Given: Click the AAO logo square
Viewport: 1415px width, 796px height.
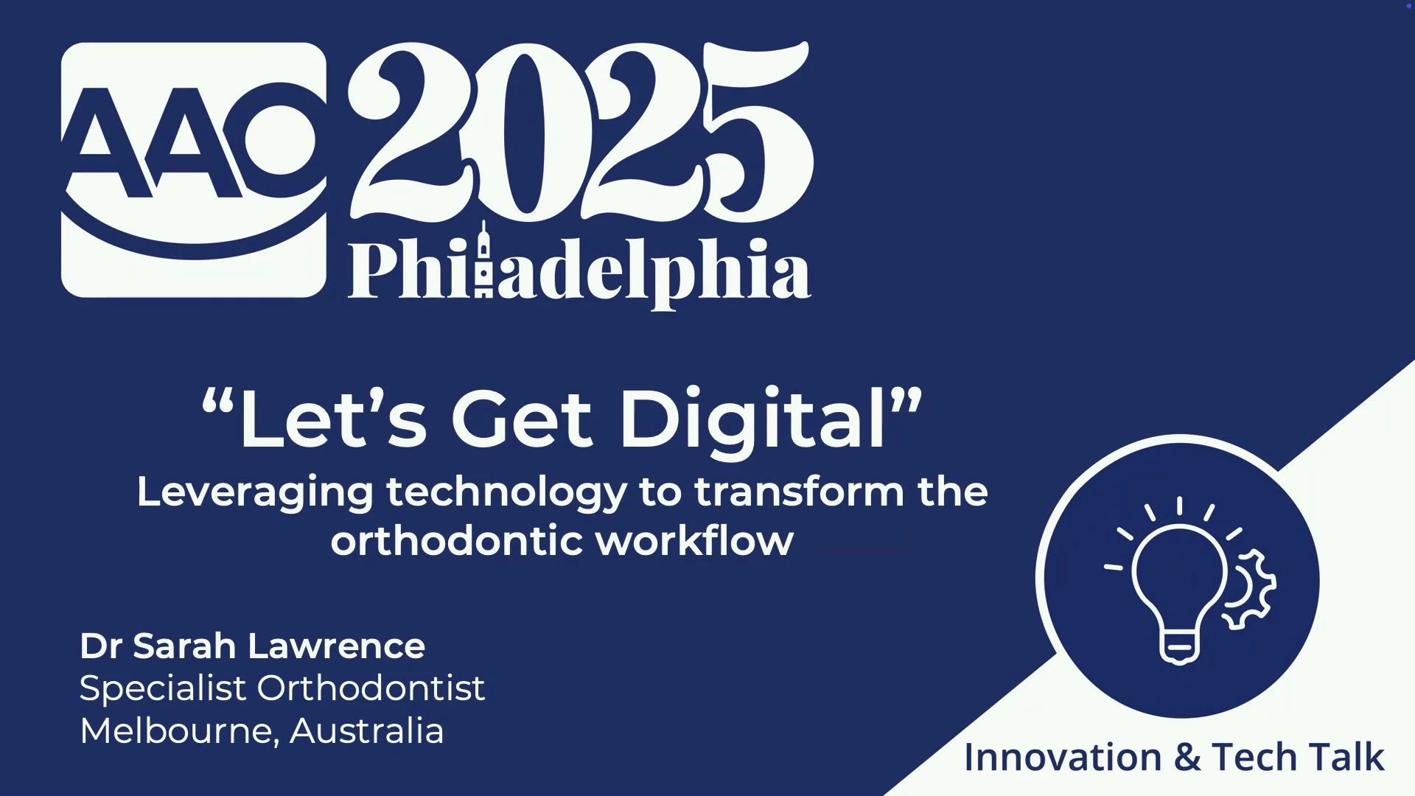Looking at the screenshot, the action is pyautogui.click(x=193, y=170).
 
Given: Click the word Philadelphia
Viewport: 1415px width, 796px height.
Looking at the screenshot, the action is pyautogui.click(x=579, y=269).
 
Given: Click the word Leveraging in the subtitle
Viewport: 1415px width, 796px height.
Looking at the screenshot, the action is pyautogui.click(x=255, y=493).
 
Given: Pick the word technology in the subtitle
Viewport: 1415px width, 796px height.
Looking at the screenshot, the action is pyautogui.click(x=506, y=493).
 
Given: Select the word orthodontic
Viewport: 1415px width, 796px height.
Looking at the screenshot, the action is pyautogui.click(x=457, y=540).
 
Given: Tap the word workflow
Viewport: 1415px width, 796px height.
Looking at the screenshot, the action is pyautogui.click(x=695, y=540).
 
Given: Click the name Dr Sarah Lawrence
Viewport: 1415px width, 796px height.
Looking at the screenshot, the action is pyautogui.click(x=252, y=646).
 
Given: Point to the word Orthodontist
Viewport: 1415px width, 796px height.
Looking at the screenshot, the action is pyautogui.click(x=371, y=688).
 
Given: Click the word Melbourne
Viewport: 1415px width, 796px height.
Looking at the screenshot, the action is pyautogui.click(x=180, y=731).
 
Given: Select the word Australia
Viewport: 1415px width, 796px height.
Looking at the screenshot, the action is pyautogui.click(x=367, y=730).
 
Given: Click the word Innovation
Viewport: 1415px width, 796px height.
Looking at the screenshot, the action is pyautogui.click(x=1063, y=757).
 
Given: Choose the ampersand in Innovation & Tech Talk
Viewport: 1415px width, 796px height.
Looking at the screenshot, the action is pyautogui.click(x=1187, y=758).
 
